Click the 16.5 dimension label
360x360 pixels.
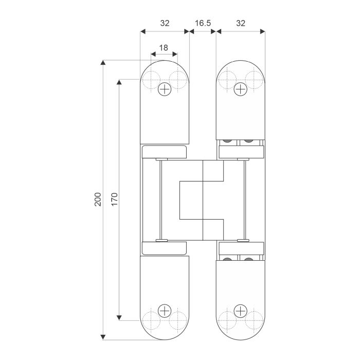coord(203,23)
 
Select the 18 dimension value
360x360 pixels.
coord(164,48)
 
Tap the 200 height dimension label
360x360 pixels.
coord(98,200)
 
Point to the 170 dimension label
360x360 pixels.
coord(115,200)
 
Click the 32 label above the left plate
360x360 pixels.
coord(165,23)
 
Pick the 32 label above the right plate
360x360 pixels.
coord(241,23)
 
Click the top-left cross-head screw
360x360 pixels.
coord(165,89)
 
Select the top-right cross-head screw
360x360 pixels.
coord(240,89)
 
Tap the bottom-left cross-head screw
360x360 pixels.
coord(165,311)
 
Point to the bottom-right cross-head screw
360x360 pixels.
coord(240,311)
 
